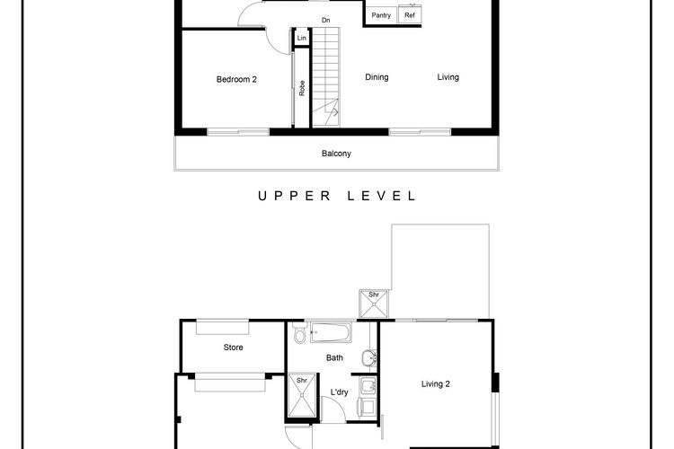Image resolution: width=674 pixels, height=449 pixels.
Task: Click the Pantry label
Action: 381,15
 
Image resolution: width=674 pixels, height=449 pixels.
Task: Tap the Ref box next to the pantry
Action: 410,15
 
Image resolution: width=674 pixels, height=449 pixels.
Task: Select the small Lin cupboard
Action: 301,38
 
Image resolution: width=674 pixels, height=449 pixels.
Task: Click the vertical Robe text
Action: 302,88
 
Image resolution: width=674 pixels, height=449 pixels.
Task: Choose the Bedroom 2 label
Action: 236,79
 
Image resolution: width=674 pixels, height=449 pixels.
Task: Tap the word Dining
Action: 377,77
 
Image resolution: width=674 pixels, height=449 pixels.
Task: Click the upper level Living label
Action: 448,77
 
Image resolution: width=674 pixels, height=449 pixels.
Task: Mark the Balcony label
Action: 336,154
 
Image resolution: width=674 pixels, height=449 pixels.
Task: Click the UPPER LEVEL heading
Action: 336,196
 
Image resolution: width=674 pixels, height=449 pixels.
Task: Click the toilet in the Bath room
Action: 299,336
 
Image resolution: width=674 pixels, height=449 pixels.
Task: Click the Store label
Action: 233,348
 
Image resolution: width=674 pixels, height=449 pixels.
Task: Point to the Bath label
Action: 335,357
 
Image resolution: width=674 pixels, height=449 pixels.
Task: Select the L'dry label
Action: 340,392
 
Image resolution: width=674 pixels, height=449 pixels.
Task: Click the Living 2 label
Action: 436,384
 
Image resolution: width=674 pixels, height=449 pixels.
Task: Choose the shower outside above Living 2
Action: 371,304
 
